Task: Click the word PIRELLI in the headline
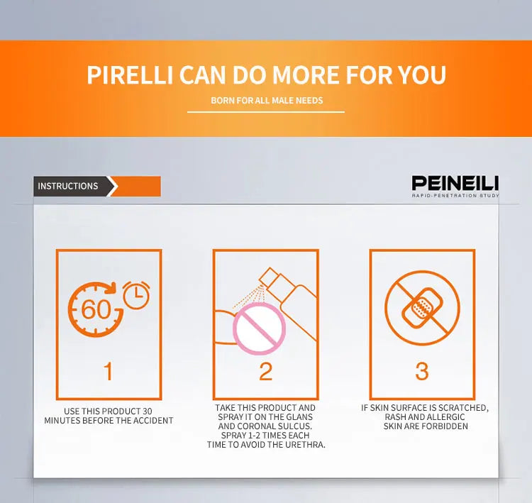(x=130, y=74)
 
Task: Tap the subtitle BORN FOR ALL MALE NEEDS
(x=267, y=101)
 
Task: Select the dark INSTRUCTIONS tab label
(x=68, y=186)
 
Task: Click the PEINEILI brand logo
(x=455, y=183)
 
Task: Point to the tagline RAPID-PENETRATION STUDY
(x=455, y=196)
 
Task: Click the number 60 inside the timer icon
(x=96, y=309)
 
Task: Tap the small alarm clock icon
(x=136, y=294)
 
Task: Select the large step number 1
(x=109, y=371)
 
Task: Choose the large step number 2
(x=266, y=372)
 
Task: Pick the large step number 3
(x=422, y=372)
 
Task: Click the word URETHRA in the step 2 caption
(x=305, y=445)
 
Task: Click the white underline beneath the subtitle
(x=266, y=111)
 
